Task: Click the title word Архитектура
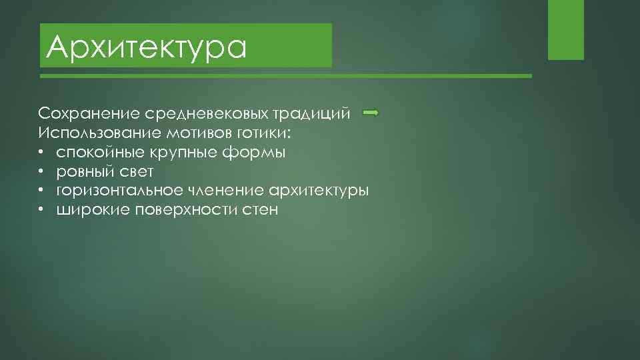pos(147,47)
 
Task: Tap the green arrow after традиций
pos(371,113)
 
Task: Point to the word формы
pos(253,153)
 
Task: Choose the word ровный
pos(82,172)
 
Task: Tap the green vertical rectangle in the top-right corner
pos(565,29)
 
